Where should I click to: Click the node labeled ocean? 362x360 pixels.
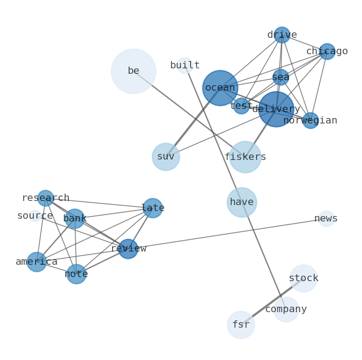(x=220, y=88)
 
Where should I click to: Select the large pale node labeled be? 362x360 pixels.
(x=133, y=71)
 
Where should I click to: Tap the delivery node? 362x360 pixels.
(x=276, y=109)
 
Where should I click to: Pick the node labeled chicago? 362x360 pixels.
(x=327, y=51)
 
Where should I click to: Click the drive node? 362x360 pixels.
(x=282, y=35)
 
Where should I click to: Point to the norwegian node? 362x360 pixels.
(x=310, y=120)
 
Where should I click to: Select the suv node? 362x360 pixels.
(x=165, y=157)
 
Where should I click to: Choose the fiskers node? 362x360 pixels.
(x=245, y=157)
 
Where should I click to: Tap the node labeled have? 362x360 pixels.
(x=242, y=202)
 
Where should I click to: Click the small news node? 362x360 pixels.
(x=326, y=219)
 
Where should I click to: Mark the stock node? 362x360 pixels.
(x=303, y=278)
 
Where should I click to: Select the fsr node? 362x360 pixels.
(x=241, y=325)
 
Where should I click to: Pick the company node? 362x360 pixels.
(x=286, y=309)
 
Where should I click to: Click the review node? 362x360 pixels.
(x=128, y=249)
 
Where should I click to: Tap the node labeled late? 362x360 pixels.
(x=152, y=208)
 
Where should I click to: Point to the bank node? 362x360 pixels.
(x=75, y=219)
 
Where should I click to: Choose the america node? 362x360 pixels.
(x=36, y=262)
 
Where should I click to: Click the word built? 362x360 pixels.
(x=185, y=66)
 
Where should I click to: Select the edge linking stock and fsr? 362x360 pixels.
(x=272, y=301)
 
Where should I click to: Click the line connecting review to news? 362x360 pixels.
(x=228, y=234)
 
